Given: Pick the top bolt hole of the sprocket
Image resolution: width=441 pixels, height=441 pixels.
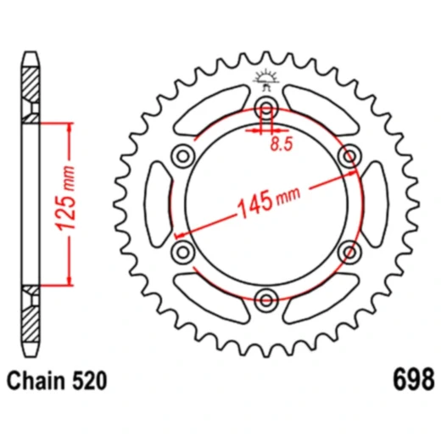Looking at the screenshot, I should (266, 108).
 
